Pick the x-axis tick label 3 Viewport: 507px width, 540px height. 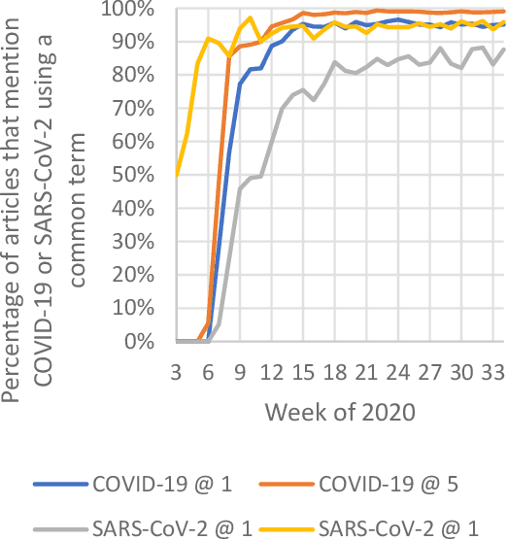177,374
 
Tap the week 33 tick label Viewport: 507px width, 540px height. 493,374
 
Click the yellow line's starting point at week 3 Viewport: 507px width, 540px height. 177,175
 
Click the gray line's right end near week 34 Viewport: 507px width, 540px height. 502,49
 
